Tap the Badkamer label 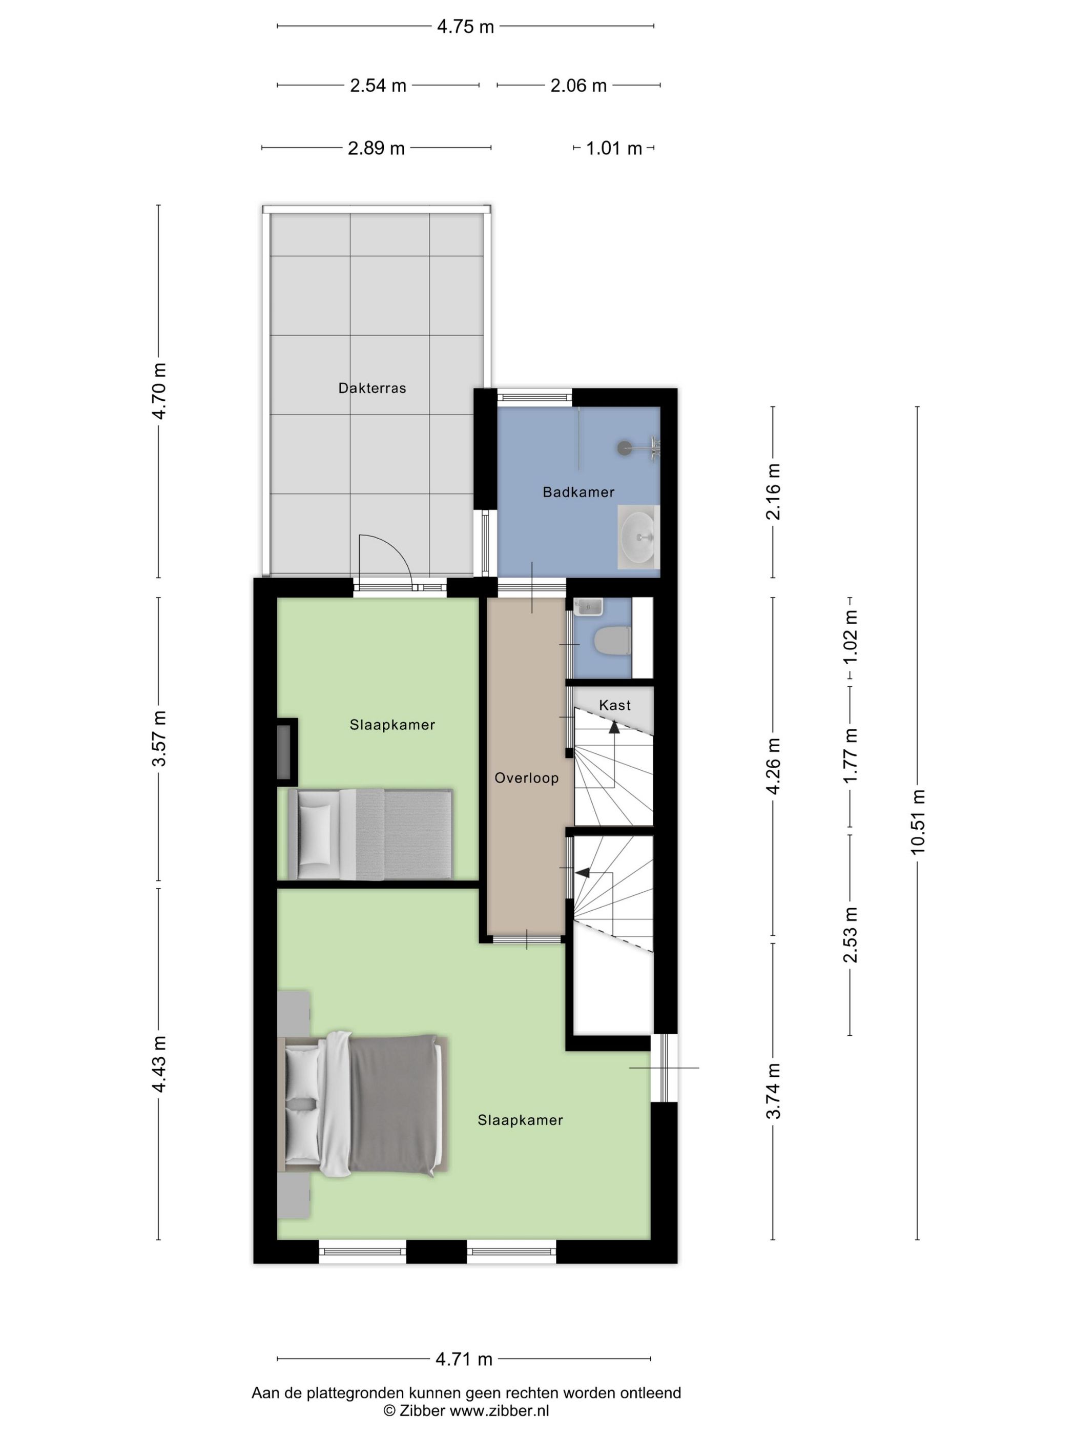tap(578, 491)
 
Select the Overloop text tap(526, 778)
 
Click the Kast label tap(614, 705)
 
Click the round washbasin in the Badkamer tap(638, 537)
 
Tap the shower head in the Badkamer tap(625, 447)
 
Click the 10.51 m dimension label tap(917, 823)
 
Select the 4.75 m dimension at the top tap(465, 27)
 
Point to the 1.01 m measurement tap(613, 149)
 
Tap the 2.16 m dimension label tap(773, 491)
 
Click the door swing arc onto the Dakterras tap(396, 549)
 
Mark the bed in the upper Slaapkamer tap(370, 834)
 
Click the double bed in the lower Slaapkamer tap(363, 1104)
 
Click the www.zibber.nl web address tap(500, 1410)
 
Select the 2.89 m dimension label tap(376, 149)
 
